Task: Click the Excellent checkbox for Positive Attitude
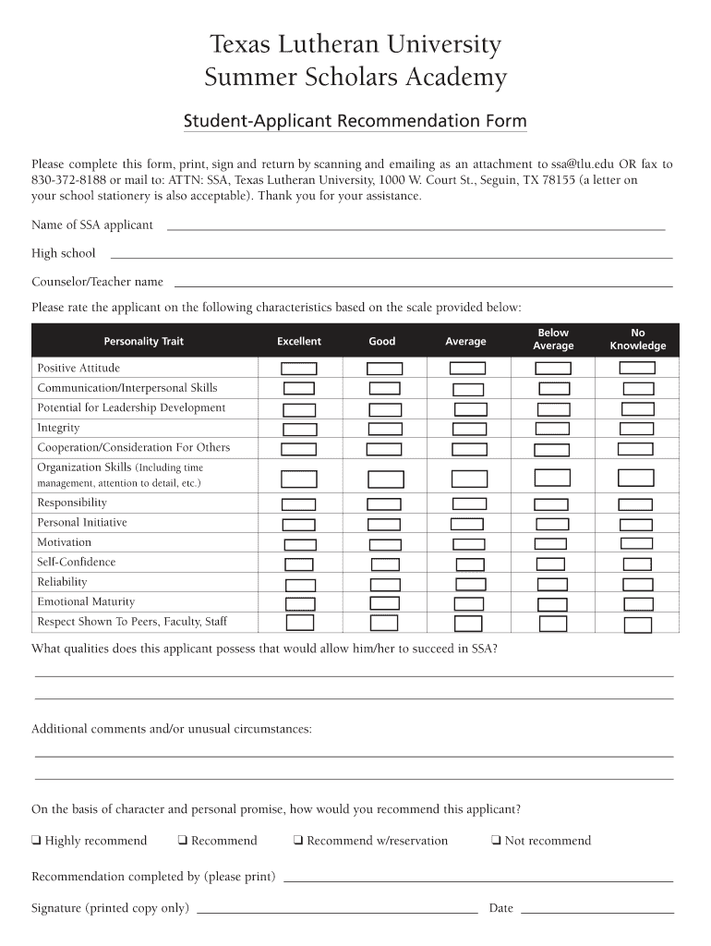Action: (298, 369)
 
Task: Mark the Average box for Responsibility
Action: (469, 503)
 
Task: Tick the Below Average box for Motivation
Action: (551, 544)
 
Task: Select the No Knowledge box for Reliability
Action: (637, 584)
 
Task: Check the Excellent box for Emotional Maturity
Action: (300, 604)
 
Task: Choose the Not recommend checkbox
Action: (497, 841)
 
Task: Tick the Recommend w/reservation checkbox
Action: (298, 841)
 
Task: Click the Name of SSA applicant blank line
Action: (416, 227)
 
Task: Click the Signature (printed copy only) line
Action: (337, 910)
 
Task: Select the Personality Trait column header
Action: (143, 342)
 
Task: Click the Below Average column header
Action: (553, 339)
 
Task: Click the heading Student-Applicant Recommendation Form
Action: (355, 122)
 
